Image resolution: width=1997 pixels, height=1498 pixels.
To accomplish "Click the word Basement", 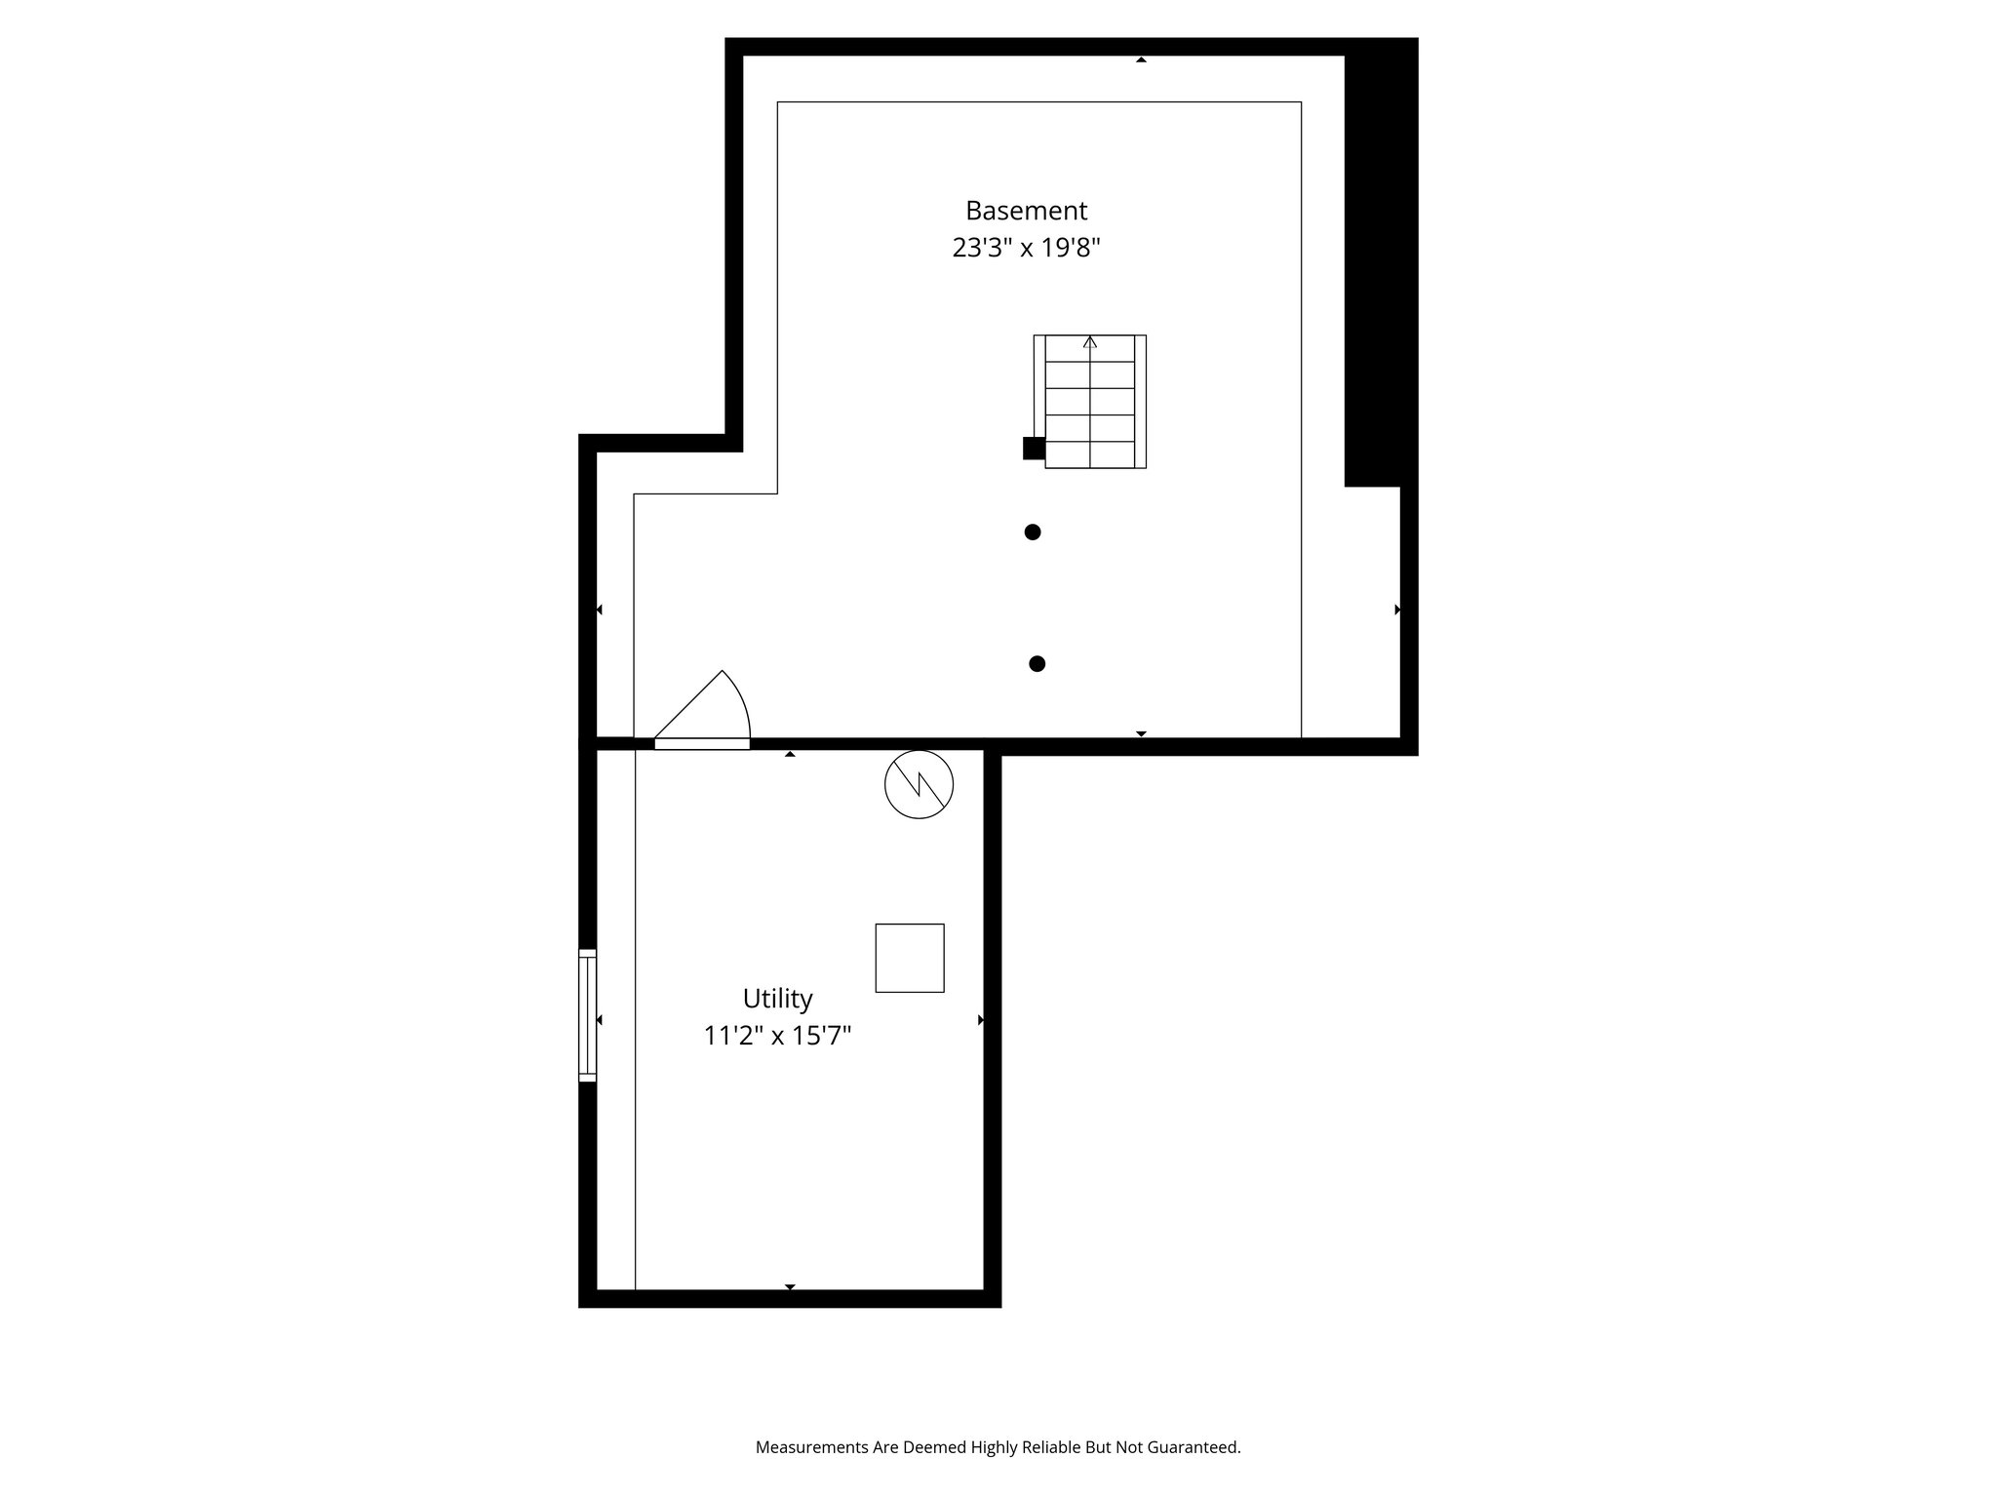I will pyautogui.click(x=1026, y=211).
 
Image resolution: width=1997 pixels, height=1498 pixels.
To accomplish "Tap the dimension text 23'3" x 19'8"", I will pyautogui.click(x=1026, y=249).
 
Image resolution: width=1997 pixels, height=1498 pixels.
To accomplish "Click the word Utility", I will pyautogui.click(x=777, y=999).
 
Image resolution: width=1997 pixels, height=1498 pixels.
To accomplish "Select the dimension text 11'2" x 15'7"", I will pyautogui.click(x=777, y=1036).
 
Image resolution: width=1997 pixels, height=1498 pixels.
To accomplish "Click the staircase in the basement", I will pyautogui.click(x=1090, y=402).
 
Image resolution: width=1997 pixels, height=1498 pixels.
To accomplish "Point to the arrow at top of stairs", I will pyautogui.click(x=1090, y=342).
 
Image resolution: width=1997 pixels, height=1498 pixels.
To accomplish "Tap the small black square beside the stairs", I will pyautogui.click(x=1034, y=449).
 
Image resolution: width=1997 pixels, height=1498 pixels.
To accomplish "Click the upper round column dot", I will pyautogui.click(x=1033, y=532).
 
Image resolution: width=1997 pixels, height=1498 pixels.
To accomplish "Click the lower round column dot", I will pyautogui.click(x=1038, y=664).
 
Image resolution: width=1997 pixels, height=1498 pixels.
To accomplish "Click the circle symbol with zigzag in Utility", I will pyautogui.click(x=919, y=784).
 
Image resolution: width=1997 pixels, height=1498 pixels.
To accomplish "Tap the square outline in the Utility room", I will pyautogui.click(x=910, y=958).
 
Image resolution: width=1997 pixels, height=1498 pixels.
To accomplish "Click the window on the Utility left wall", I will pyautogui.click(x=587, y=1014).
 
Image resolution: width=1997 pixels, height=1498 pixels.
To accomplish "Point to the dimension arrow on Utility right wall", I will pyautogui.click(x=981, y=1020).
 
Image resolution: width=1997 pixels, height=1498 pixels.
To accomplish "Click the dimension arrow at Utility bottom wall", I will pyautogui.click(x=790, y=1287).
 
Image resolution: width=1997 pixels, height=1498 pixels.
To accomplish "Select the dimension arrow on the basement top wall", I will pyautogui.click(x=1141, y=60).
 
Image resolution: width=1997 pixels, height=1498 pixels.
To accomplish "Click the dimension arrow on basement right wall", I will pyautogui.click(x=1397, y=610).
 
